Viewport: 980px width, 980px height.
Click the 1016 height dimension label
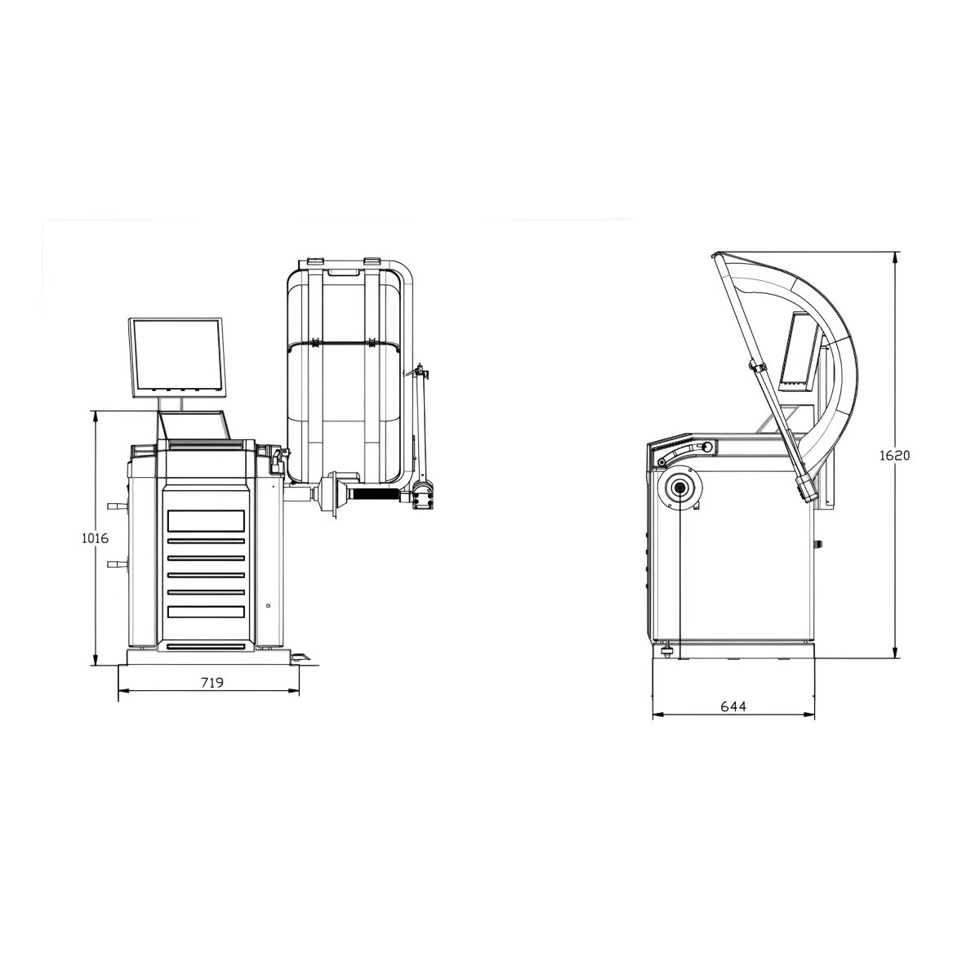pos(95,538)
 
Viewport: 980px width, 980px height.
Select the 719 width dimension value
pos(212,683)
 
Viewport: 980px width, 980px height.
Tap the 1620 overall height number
pos(894,455)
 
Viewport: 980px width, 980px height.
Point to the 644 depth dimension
pos(733,706)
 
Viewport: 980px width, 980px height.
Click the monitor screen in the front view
pos(177,358)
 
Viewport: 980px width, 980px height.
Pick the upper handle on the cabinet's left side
pos(117,506)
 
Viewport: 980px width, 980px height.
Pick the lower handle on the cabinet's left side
pos(117,564)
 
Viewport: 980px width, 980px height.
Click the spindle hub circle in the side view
pos(679,488)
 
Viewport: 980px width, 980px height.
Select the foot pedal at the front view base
pos(300,657)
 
